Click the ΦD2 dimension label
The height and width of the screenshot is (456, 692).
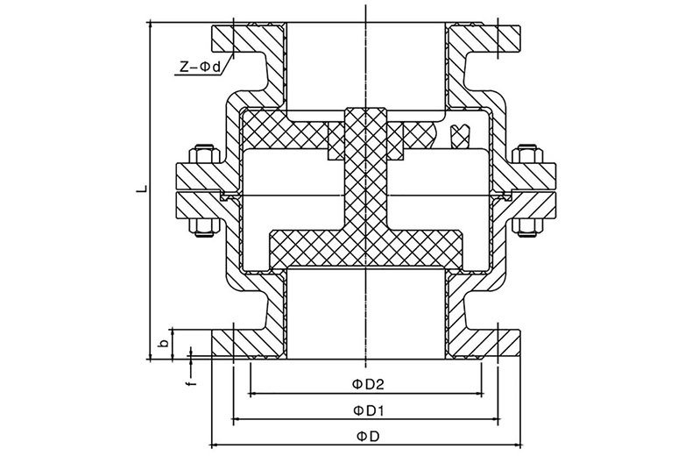tap(368, 384)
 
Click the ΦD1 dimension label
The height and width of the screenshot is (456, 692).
tap(368, 410)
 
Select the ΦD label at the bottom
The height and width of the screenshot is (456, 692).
tap(368, 437)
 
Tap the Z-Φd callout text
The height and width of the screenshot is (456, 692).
tap(200, 67)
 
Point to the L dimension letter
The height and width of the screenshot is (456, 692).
tap(142, 189)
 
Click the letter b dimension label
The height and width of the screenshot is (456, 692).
tap(163, 344)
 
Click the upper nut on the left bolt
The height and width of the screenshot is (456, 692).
tap(203, 154)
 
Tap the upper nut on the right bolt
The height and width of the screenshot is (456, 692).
tap(527, 154)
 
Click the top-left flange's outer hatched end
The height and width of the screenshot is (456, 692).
tap(222, 38)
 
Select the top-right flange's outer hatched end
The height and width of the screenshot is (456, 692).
tap(510, 38)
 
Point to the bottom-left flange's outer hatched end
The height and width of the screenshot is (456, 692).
tap(222, 343)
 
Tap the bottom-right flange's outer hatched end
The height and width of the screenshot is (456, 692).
tap(510, 343)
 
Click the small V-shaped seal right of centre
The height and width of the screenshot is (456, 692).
tap(459, 135)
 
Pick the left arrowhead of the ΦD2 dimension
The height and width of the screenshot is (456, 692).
tap(254, 392)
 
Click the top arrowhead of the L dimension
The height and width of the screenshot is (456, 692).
tap(151, 26)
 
